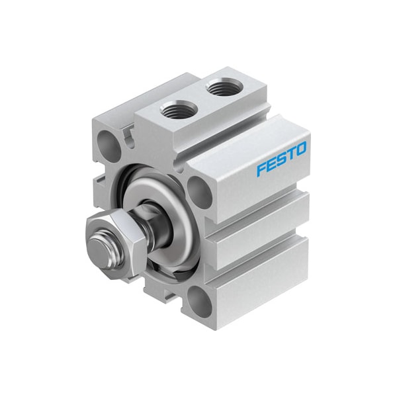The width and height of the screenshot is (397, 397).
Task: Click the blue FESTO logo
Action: pos(282,159)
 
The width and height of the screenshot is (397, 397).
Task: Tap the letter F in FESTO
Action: pos(260,169)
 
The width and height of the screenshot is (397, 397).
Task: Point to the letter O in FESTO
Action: pos(301,150)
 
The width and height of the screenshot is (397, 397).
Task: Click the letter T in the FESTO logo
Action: pos(291,155)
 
